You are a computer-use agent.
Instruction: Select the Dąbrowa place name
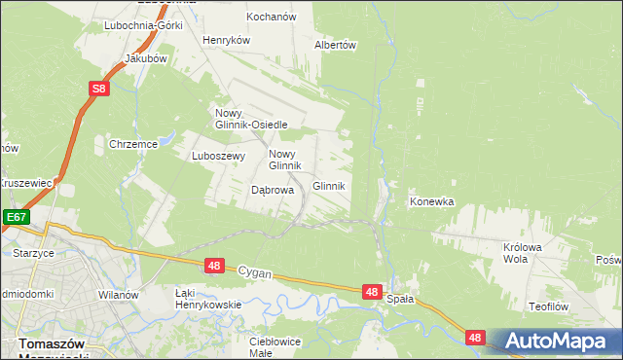[x=273, y=191]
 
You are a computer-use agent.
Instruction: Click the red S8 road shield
[x=99, y=90]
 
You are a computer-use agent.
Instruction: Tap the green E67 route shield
[x=14, y=218]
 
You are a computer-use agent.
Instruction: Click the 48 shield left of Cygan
[x=215, y=265]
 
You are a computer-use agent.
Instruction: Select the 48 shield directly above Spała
[x=372, y=291]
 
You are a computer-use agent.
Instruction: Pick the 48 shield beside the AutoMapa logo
[x=474, y=338]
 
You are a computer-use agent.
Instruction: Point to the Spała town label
[x=400, y=300]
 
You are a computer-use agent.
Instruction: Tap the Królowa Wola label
[x=522, y=253]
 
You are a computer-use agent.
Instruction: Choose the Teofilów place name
[x=548, y=306]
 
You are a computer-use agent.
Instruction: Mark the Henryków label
[x=227, y=41]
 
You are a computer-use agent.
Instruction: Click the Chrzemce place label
[x=133, y=144]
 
